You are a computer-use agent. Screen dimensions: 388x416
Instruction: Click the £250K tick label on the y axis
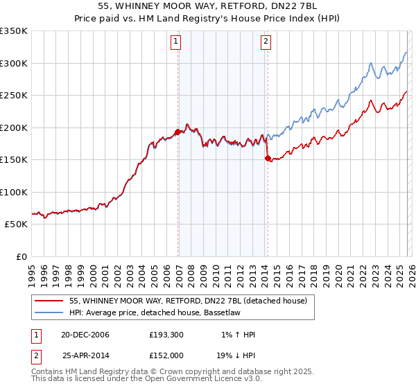[x=13, y=96]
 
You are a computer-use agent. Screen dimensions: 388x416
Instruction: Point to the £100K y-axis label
[x=13, y=192]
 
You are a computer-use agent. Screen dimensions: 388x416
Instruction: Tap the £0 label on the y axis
[x=21, y=256]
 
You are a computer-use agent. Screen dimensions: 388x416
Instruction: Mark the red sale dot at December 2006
[x=177, y=132]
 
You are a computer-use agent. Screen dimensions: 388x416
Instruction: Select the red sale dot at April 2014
[x=267, y=159]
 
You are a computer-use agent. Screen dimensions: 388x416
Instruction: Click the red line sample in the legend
[x=49, y=301]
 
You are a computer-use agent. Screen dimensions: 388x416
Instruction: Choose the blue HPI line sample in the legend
[x=49, y=312]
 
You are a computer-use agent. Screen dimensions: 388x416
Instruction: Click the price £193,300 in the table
[x=168, y=335]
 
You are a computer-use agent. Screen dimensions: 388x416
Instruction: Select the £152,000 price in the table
[x=168, y=354]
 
